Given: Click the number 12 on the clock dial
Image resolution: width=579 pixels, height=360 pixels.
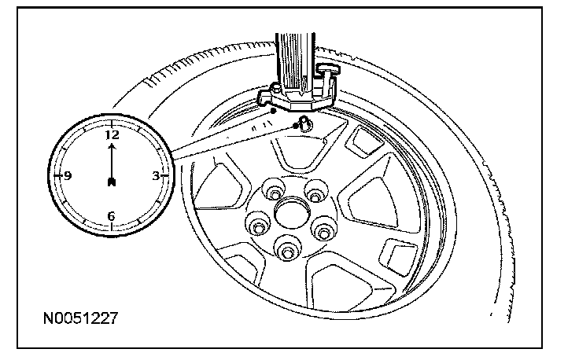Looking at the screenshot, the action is coord(112,134).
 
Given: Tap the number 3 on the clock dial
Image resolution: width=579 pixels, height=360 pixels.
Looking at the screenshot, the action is coord(156,176).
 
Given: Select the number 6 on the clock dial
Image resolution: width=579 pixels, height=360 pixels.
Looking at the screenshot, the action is coord(111,215).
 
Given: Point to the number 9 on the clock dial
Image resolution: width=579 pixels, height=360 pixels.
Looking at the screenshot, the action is coord(68,176).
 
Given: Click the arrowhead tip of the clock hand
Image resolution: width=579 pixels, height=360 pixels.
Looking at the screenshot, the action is coord(112,145).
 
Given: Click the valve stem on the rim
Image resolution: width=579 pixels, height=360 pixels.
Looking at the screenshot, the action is coord(301,124).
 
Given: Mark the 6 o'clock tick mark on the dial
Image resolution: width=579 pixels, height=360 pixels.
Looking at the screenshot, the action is coord(112,227).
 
